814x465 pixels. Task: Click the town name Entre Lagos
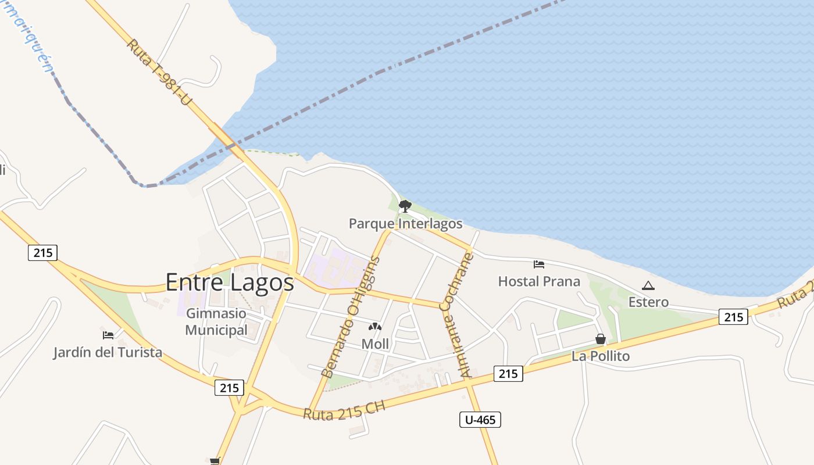(230, 282)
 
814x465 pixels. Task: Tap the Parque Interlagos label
(405, 224)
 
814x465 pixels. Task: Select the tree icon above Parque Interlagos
(405, 206)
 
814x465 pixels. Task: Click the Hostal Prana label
(539, 282)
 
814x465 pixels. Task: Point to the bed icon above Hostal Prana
(539, 264)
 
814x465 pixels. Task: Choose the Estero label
(648, 302)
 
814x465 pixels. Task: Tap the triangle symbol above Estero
(648, 285)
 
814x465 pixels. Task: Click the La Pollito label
(601, 356)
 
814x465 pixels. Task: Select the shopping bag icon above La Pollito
(601, 339)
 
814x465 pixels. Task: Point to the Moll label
(375, 344)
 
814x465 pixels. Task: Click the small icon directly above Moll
(375, 327)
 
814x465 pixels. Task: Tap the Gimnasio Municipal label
(216, 322)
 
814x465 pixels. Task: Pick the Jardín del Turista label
(108, 352)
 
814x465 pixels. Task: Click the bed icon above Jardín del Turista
(108, 335)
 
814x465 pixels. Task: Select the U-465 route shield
(480, 420)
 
